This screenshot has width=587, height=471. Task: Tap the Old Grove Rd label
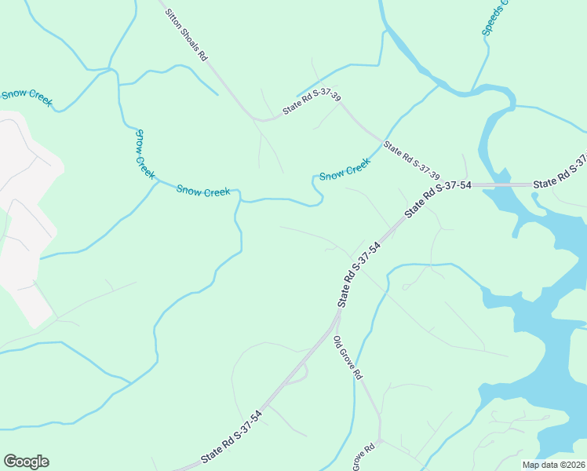pyautogui.click(x=347, y=358)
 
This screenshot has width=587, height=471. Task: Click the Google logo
pyautogui.click(x=26, y=462)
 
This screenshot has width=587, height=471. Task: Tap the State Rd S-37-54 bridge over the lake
pyautogui.click(x=502, y=185)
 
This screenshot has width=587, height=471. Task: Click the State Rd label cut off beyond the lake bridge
pyautogui.click(x=560, y=174)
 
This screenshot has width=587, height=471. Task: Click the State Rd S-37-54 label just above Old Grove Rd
pyautogui.click(x=359, y=274)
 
